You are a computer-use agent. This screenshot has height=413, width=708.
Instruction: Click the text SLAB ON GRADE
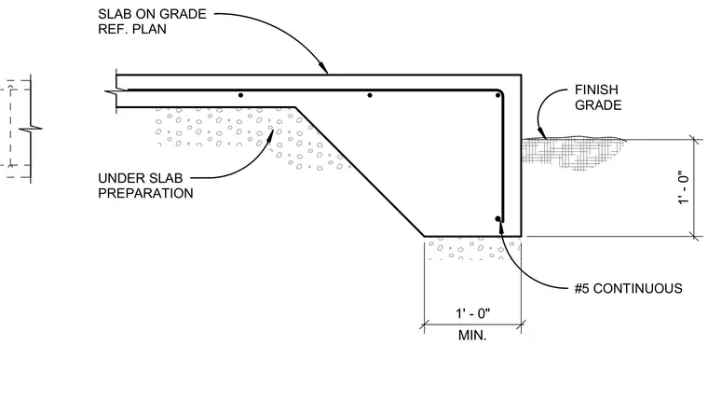coord(152,14)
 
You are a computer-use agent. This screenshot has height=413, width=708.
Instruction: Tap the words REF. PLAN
coord(132,30)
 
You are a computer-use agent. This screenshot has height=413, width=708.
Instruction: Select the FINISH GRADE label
coord(598,98)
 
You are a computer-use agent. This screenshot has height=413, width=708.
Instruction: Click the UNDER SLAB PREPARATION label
coord(145,186)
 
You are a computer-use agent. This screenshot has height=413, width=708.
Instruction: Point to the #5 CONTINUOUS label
coord(628,288)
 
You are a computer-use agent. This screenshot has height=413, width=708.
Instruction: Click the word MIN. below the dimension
coord(472,336)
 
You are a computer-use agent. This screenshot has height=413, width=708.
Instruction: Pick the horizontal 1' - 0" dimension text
coord(472,313)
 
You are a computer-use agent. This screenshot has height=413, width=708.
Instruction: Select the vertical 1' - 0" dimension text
coord(684,186)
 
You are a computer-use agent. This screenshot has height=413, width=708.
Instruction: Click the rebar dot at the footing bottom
coord(498,219)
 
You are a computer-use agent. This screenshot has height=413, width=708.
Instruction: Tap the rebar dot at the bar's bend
coord(498,95)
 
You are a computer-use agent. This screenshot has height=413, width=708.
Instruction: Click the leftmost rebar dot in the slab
coord(240,95)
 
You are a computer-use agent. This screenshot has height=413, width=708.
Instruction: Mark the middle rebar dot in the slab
coord(370,95)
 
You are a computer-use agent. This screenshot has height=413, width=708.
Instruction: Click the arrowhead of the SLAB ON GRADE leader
coord(324,69)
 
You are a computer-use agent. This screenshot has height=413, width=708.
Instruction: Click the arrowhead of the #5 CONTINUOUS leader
coord(500,227)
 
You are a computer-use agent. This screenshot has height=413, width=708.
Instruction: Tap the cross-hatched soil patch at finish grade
coord(570,152)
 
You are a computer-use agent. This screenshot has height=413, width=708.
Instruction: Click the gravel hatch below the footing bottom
coord(472,250)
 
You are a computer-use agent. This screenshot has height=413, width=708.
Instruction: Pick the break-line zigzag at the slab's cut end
coord(116,92)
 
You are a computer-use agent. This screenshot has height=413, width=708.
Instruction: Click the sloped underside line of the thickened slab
coord(360,172)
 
